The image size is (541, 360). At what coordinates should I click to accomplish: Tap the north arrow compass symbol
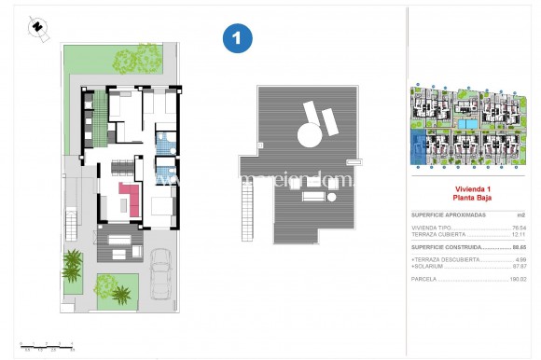point(37,26)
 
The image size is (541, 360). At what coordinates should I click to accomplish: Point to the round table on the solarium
point(307,137)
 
